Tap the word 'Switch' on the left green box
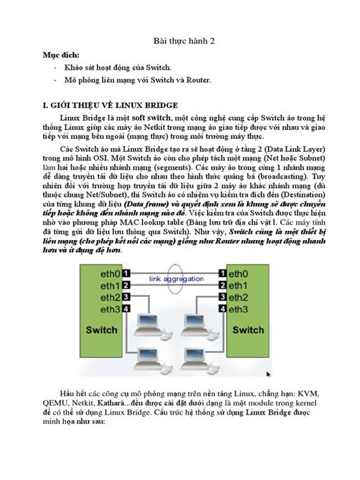click(103, 331)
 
